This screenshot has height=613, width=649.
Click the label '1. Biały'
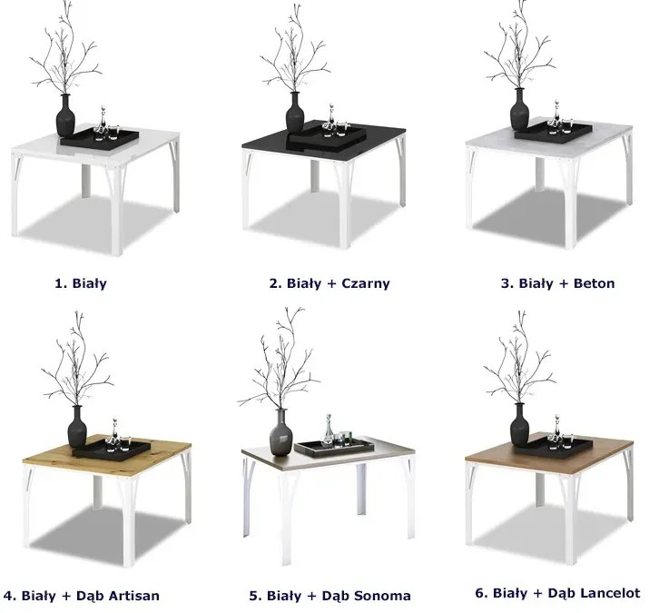pos(81,283)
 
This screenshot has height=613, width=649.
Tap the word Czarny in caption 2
pos(366,283)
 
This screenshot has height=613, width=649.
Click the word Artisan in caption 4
pos(134,596)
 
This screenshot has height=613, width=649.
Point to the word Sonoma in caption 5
pos(382,596)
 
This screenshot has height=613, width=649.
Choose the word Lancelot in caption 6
pos(611,593)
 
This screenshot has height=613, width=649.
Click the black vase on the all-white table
pos(65,115)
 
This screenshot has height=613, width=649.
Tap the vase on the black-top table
pos(295,113)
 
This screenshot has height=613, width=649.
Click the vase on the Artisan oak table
pos(77,427)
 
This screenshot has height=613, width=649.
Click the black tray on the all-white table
pos(100,137)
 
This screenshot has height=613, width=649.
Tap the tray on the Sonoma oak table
pos(334,448)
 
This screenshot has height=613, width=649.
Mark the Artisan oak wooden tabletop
pos(107,455)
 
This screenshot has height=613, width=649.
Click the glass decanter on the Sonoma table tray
pos(329,430)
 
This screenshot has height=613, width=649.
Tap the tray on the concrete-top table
pos(554,131)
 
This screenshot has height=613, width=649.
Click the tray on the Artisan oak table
pos(112,449)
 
